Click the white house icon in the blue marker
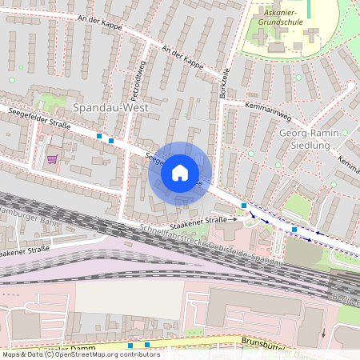click(180, 173)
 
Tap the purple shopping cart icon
click(53, 158)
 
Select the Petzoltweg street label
click(137, 78)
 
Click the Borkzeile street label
click(225, 80)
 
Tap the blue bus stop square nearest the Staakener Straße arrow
click(244, 206)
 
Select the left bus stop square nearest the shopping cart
click(99, 137)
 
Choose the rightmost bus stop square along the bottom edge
click(147, 345)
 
